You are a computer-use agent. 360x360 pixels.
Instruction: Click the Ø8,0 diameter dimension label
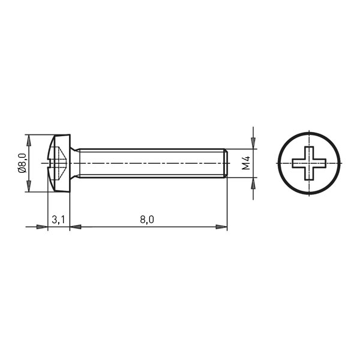coord(22,163)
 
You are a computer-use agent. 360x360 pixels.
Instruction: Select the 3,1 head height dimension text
coord(58,220)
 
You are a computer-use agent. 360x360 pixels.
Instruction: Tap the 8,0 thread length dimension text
coord(147,220)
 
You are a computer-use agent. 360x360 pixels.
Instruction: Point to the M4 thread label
coord(246,163)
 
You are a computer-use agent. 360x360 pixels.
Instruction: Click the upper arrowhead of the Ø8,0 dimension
coord(29,140)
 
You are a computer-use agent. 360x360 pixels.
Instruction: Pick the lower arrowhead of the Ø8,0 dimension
coord(29,186)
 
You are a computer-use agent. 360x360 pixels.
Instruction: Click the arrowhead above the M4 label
coord(253,143)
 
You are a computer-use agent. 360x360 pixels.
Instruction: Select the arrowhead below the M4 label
coord(253,183)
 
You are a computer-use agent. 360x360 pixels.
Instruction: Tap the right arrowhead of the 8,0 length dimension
coord(221,227)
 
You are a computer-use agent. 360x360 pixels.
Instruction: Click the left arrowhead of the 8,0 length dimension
coord(76,227)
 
